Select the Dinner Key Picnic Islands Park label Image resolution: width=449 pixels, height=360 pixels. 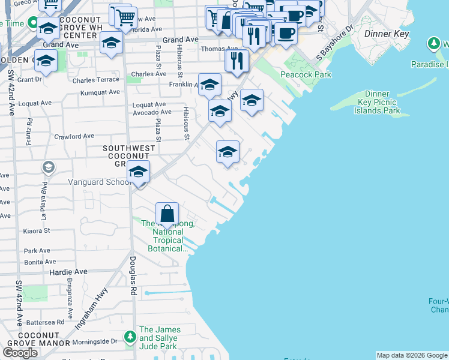click(x=378, y=103)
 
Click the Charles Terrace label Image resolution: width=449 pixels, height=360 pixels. click(x=95, y=80)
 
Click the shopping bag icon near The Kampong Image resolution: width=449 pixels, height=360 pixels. click(x=167, y=214)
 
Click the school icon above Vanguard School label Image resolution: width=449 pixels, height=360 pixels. click(x=138, y=172)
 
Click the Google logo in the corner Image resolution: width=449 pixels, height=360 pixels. click(x=20, y=352)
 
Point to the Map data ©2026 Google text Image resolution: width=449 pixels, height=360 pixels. click(x=411, y=355)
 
